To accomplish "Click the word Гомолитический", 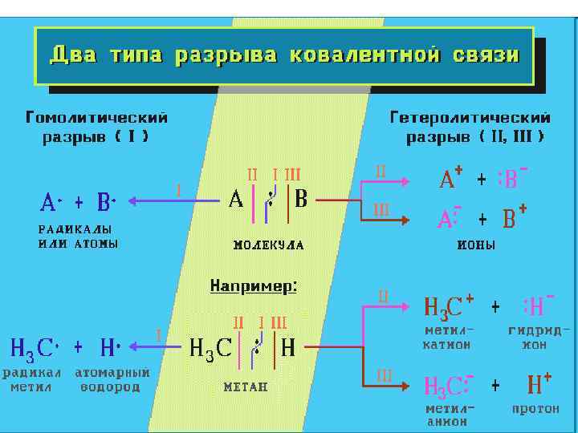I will tap(97, 119).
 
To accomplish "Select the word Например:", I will tap(254, 285).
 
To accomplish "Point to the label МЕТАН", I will tap(245, 386).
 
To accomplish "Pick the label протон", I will tap(535, 410).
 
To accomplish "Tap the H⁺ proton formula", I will tap(538, 385).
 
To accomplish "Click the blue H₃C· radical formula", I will tap(33, 348).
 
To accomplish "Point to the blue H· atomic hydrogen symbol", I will tap(110, 348).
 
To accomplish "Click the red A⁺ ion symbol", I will tap(450, 180).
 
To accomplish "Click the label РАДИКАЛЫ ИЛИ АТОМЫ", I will tap(78, 237).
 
